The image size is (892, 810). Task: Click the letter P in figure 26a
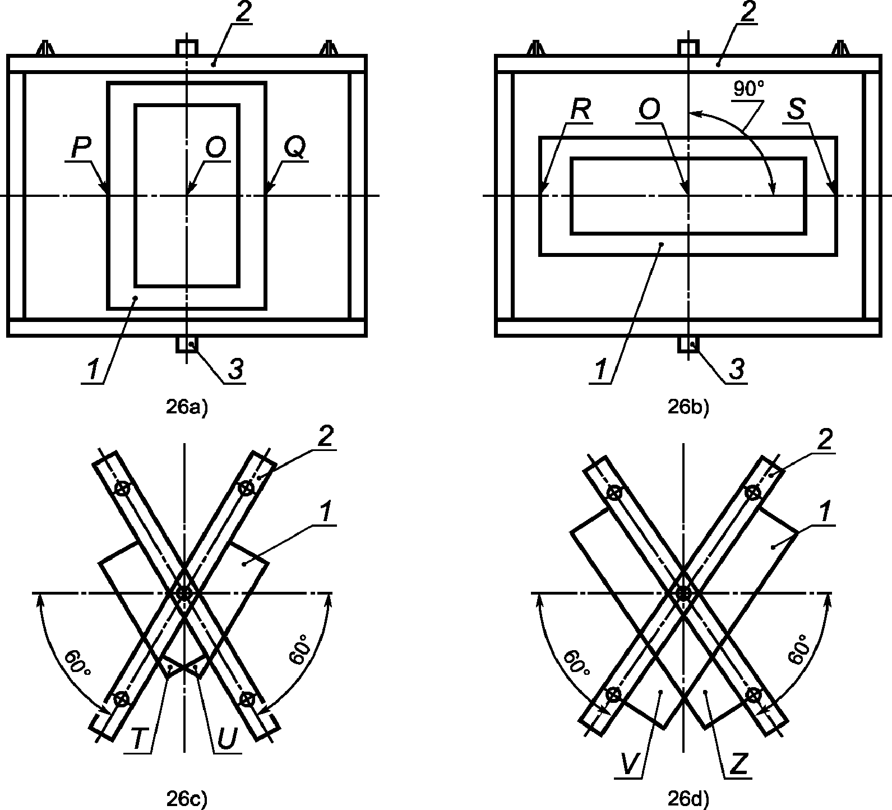tap(81, 147)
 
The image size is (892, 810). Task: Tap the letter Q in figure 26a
tap(295, 148)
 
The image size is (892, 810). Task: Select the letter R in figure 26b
tap(580, 111)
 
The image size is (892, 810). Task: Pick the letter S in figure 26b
tap(796, 111)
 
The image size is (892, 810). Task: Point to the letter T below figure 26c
tap(142, 739)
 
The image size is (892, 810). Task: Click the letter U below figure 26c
tap(227, 740)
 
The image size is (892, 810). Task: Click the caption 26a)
tap(187, 408)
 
